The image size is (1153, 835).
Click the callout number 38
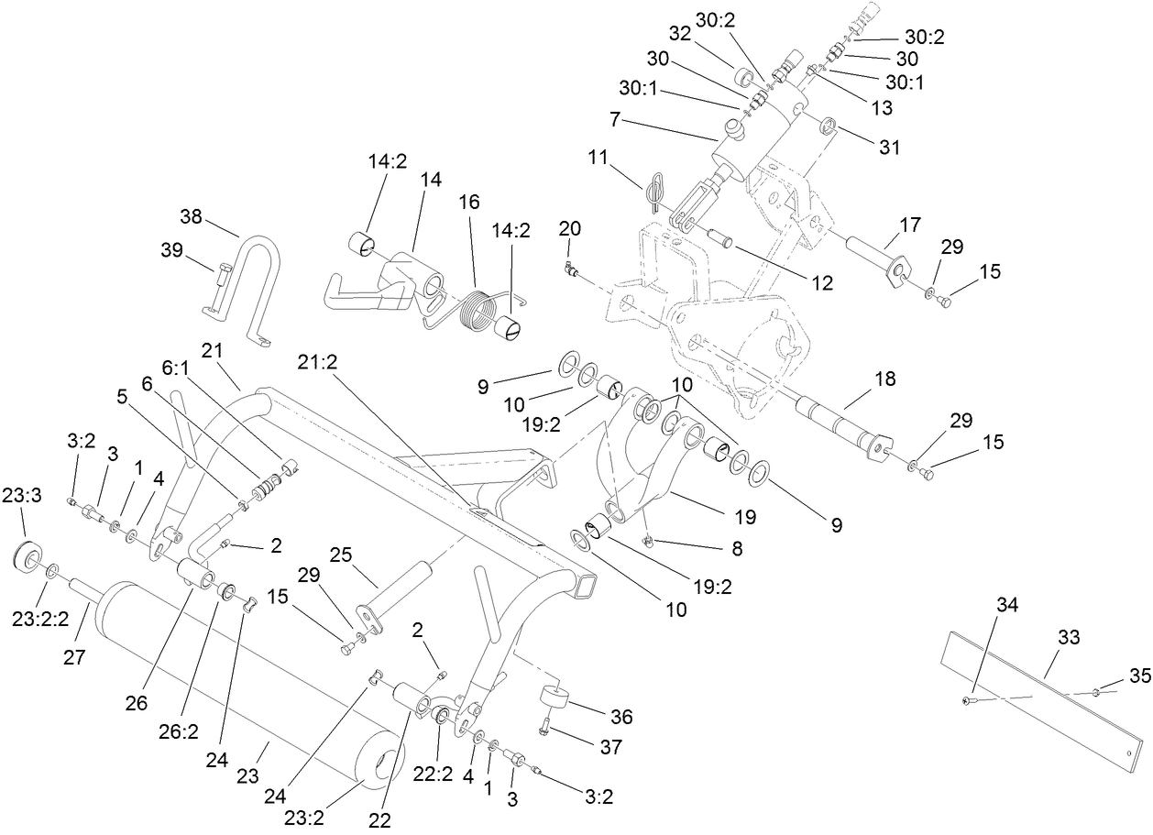click(x=191, y=217)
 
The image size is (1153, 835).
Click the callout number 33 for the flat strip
click(x=1069, y=637)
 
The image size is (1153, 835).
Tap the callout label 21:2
click(x=317, y=361)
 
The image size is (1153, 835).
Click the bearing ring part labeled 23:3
click(x=27, y=557)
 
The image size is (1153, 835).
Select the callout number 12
click(x=821, y=284)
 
